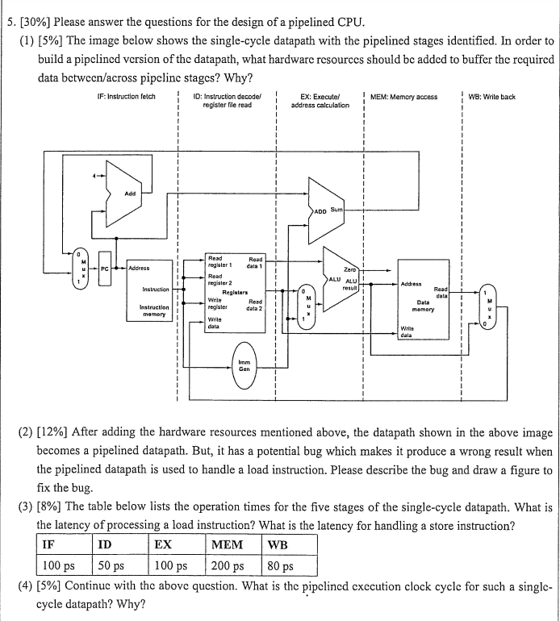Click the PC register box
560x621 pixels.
tap(105, 268)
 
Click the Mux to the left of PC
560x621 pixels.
tap(81, 268)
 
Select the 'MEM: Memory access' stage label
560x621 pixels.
tap(404, 97)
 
